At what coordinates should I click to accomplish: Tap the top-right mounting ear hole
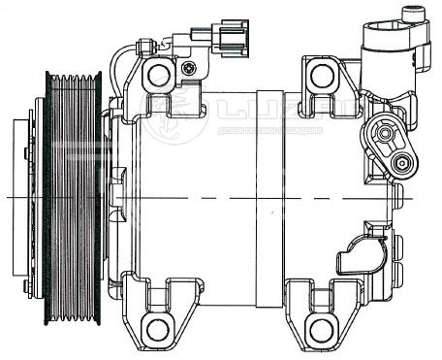coord(323,75)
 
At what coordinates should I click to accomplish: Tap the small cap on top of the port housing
coord(413,13)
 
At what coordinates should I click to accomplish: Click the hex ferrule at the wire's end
coord(142,45)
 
